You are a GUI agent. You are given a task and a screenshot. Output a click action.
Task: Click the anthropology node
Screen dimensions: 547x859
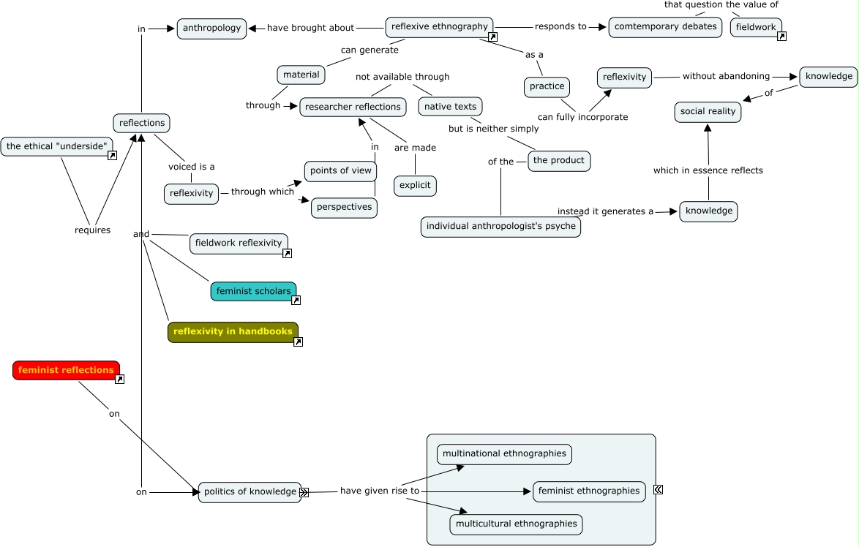[x=211, y=29]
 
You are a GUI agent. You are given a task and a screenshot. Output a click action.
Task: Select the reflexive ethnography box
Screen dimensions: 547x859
[x=439, y=27]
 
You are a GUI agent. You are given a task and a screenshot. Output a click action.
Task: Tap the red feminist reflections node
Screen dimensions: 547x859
[x=66, y=370]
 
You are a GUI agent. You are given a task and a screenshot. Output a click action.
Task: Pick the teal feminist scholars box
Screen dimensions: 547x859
[x=253, y=291]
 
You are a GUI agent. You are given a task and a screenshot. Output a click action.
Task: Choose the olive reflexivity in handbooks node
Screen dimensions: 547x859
[x=233, y=332]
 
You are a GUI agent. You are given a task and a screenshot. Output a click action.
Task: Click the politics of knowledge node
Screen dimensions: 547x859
[x=250, y=492]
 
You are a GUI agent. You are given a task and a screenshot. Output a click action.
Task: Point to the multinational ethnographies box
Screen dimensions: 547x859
[x=504, y=454]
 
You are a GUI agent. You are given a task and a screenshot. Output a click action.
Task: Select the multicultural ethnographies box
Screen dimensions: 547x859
[x=516, y=524]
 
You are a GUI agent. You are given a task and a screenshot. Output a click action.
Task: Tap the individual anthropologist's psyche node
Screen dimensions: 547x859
[x=500, y=227]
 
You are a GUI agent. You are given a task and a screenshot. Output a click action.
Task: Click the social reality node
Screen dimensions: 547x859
[x=708, y=112]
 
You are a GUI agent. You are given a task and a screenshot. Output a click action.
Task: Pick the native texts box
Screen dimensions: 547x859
[x=450, y=107]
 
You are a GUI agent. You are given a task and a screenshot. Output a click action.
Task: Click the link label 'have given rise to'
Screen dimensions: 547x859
[x=379, y=491]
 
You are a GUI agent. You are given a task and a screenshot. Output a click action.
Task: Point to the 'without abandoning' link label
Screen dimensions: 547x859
[x=726, y=76]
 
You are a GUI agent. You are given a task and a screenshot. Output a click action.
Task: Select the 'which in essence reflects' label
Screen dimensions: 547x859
[x=708, y=170]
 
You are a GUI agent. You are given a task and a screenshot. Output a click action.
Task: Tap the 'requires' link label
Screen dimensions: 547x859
[x=92, y=230]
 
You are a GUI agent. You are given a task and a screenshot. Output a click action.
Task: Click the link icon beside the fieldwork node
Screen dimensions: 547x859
[x=781, y=37]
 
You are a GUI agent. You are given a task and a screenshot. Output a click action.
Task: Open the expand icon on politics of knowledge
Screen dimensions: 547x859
[x=304, y=493]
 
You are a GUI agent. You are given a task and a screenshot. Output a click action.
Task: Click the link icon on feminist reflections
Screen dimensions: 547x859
[x=119, y=379]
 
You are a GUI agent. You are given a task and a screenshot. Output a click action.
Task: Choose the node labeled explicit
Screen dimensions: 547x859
[x=415, y=186]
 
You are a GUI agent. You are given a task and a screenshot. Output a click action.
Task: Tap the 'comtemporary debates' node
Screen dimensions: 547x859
[x=665, y=27]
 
